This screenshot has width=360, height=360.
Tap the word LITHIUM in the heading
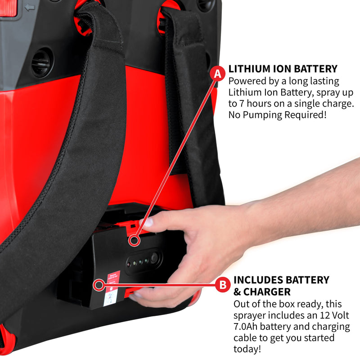coord(249,69)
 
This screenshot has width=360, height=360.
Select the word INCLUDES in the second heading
coord(258,280)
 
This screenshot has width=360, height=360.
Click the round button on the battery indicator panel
coord(154,258)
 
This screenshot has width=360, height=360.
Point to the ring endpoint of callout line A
coord(133,241)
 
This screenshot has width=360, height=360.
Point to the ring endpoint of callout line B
coord(98,285)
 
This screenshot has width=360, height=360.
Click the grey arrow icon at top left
coord(29,7)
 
